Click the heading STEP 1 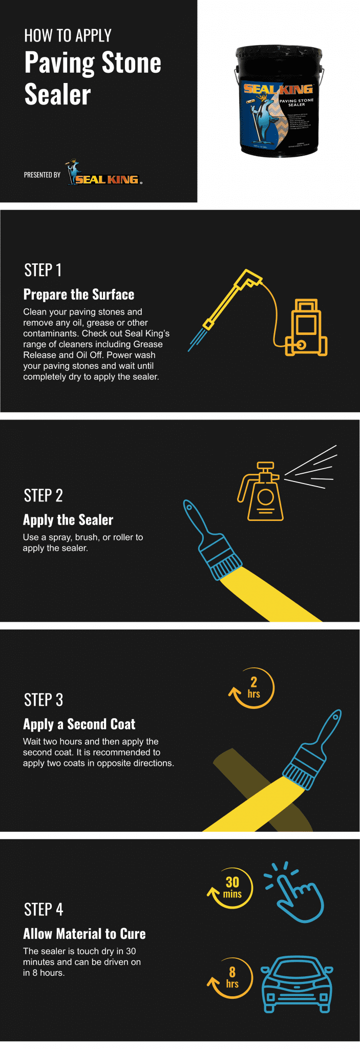coord(43,270)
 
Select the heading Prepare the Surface coord(79,295)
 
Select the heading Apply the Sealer coord(68,520)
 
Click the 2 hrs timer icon coord(252,688)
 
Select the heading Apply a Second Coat coord(79,724)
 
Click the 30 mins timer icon coord(231,888)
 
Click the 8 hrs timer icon coord(231,978)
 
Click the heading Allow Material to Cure coord(84,934)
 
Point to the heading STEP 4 coord(44,909)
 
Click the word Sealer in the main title coord(58,95)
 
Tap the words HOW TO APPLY coord(68,35)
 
